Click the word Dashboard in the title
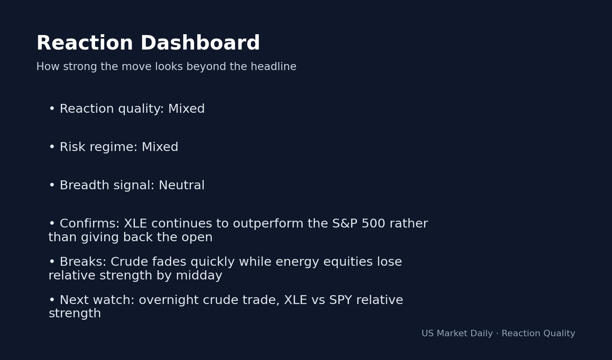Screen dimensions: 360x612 tap(200, 43)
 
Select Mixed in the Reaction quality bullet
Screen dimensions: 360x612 tap(186, 109)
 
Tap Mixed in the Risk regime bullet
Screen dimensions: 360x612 tap(159, 147)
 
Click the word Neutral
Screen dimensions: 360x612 tap(181, 186)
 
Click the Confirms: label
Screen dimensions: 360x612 tap(89, 224)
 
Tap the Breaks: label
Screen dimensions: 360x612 tap(83, 262)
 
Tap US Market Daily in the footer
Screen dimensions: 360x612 tap(457, 334)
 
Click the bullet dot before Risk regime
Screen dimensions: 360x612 tap(52, 147)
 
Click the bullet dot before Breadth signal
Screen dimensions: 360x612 tap(52, 186)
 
